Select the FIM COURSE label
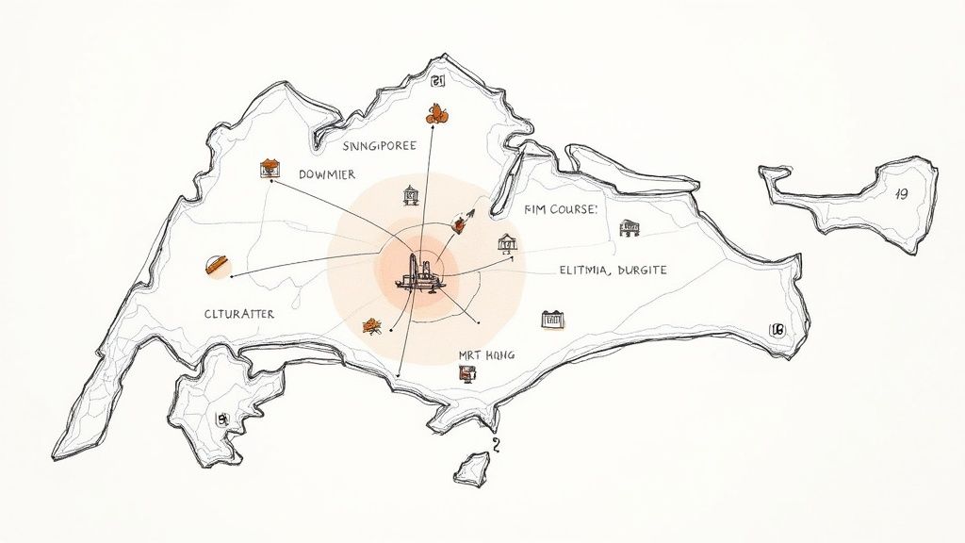560,210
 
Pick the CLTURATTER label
239,314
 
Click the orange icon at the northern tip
435,114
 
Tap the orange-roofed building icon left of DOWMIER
270,170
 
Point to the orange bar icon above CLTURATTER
218,265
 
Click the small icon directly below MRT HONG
464,375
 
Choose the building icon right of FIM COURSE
630,227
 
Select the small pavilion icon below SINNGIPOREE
411,195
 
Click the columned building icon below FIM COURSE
507,243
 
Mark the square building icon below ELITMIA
552,320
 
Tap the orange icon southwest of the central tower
371,326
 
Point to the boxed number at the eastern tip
777,330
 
